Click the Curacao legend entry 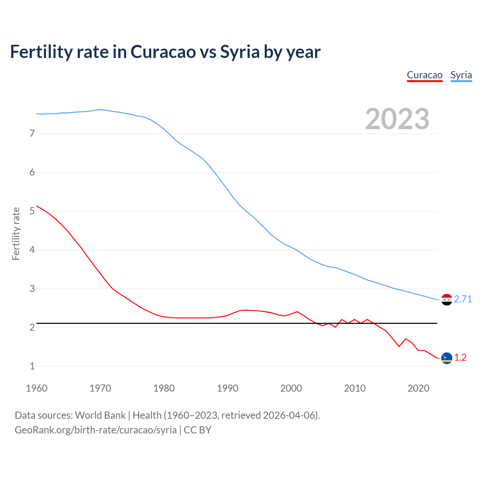[x=424, y=75]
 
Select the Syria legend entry [x=461, y=75]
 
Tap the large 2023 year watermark [x=397, y=119]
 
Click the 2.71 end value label [x=463, y=299]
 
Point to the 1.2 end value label [x=460, y=357]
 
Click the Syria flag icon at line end [x=447, y=300]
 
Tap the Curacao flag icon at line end [x=447, y=358]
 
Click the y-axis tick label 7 [x=32, y=133]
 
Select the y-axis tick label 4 [x=32, y=250]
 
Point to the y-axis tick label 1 [x=32, y=366]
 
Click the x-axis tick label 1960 [x=37, y=388]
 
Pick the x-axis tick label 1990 [x=227, y=388]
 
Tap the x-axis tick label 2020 [x=418, y=388]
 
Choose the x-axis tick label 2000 [x=291, y=388]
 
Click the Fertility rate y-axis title [x=16, y=233]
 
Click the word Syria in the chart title [x=240, y=52]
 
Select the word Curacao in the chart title [x=163, y=52]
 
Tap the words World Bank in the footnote [x=100, y=415]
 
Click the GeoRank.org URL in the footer [x=96, y=430]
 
